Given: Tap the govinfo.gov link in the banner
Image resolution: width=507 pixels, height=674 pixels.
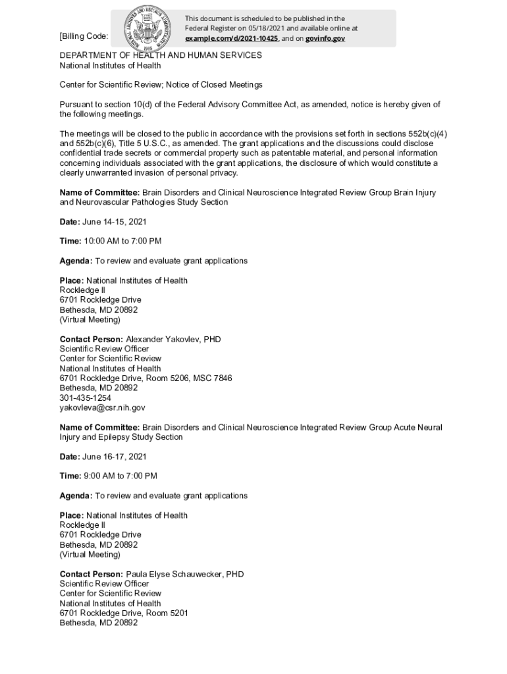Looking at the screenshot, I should tap(325, 39).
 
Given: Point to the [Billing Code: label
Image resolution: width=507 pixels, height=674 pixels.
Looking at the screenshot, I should tap(84, 36).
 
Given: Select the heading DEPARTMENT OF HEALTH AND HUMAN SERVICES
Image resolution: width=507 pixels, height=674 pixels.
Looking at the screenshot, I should tap(161, 56).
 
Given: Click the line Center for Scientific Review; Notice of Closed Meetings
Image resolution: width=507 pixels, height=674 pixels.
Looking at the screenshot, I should tap(161, 85).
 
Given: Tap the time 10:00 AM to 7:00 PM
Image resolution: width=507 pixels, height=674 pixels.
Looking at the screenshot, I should tap(122, 242).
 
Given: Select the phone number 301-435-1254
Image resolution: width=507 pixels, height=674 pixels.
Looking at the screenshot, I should tap(86, 398).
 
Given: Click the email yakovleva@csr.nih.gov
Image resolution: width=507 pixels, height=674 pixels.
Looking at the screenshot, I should tap(102, 408).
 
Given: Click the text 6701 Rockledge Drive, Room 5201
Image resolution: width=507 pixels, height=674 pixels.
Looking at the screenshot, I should tap(124, 613).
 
